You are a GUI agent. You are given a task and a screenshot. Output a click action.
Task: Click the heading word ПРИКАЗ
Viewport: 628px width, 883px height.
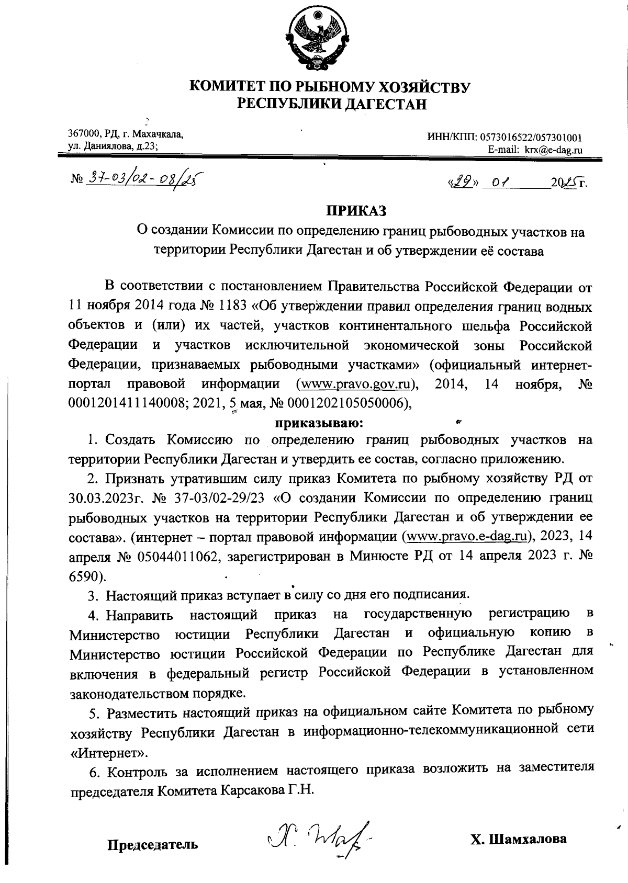tap(357, 211)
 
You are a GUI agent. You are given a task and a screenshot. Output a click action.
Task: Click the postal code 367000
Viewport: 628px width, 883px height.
tap(85, 135)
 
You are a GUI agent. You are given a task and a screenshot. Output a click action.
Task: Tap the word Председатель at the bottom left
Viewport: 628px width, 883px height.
tap(153, 844)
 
